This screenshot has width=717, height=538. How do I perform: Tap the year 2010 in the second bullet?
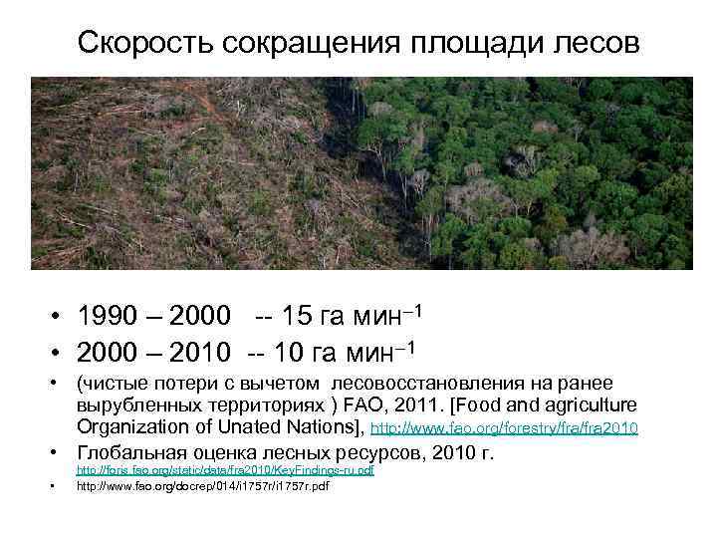202,352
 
